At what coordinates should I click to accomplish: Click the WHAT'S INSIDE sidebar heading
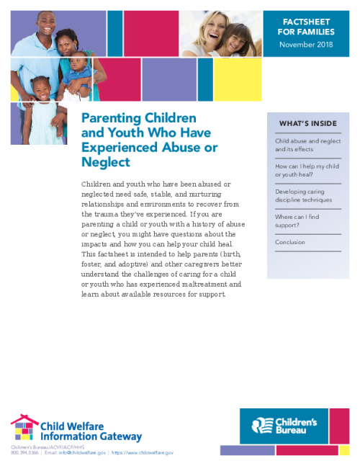[x=307, y=124]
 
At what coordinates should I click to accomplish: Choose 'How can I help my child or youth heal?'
[x=305, y=171]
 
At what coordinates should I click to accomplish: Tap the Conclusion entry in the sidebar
[x=290, y=243]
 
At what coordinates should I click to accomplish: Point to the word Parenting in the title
[x=111, y=117]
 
